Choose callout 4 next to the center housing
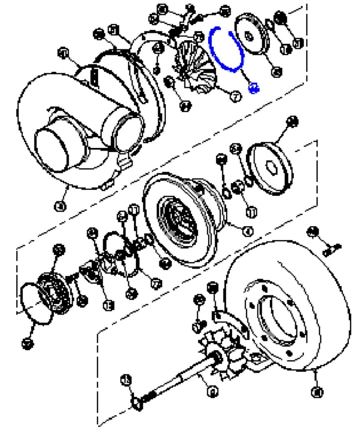(x=247, y=230)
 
